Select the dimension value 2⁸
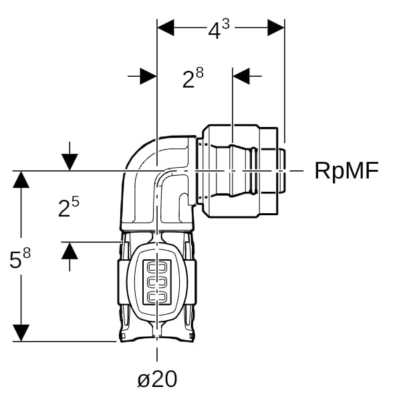click(x=193, y=78)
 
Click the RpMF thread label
click(x=346, y=171)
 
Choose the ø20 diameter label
click(x=157, y=379)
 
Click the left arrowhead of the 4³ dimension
click(x=165, y=27)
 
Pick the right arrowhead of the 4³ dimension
click(x=276, y=27)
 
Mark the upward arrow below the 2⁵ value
click(x=70, y=251)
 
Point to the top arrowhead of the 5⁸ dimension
click(x=22, y=180)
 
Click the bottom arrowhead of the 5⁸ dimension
click(x=22, y=332)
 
